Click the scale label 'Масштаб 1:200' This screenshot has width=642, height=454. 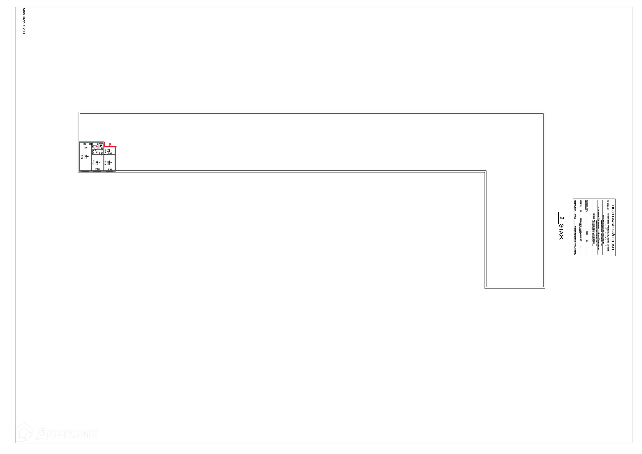click(24, 21)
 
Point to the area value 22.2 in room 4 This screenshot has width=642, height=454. click(86, 157)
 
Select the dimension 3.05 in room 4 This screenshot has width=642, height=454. click(85, 148)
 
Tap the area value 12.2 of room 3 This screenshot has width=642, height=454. click(96, 162)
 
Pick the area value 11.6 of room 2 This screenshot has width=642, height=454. click(108, 162)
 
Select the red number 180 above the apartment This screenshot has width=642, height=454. click(110, 144)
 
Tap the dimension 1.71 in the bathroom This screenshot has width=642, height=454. click(96, 149)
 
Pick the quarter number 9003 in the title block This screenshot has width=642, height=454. click(575, 217)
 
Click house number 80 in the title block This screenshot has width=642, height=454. click(587, 241)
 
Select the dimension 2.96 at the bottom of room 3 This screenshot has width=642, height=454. click(98, 169)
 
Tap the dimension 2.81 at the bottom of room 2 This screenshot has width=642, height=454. click(110, 169)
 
